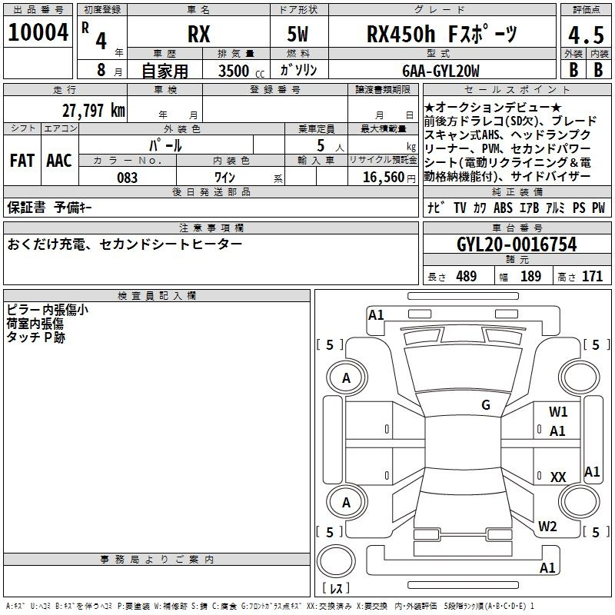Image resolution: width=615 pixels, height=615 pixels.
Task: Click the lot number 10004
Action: [38, 32]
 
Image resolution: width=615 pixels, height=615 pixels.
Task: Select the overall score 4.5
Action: [586, 35]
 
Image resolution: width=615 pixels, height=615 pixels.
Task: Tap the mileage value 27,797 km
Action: [93, 111]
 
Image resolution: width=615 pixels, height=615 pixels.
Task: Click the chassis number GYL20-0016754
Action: [517, 244]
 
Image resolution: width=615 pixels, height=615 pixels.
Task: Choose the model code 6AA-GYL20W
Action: [440, 71]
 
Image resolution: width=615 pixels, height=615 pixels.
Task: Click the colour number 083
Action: [127, 178]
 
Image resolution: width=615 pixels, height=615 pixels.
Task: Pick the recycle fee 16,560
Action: [384, 178]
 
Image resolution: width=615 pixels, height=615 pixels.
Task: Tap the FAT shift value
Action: [22, 161]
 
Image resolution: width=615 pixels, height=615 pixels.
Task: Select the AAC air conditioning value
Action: [59, 161]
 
